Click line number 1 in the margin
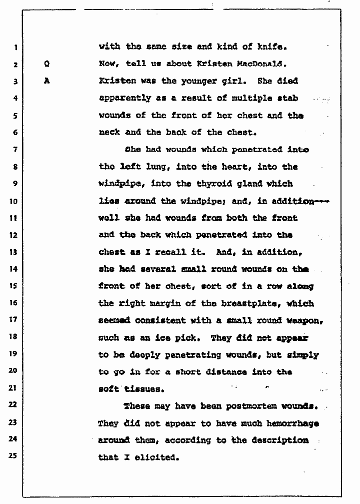[x=15, y=48]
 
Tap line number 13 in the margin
[x=14, y=252]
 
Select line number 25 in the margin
[x=14, y=456]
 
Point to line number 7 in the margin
[x=15, y=150]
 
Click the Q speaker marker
[x=46, y=64]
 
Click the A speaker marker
[x=46, y=81]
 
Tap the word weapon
[x=302, y=320]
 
